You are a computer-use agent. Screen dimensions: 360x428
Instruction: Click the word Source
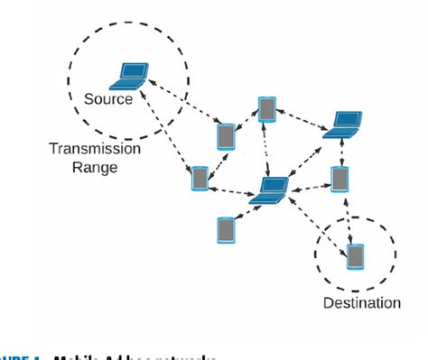pyautogui.click(x=108, y=98)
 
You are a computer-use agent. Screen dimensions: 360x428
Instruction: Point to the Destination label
pyautogui.click(x=361, y=303)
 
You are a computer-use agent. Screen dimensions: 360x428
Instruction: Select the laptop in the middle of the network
pyautogui.click(x=269, y=189)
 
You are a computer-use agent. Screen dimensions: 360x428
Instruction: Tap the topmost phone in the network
pyautogui.click(x=267, y=108)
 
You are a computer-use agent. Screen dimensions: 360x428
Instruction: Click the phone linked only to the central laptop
pyautogui.click(x=226, y=229)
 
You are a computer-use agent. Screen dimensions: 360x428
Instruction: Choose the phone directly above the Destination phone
pyautogui.click(x=340, y=178)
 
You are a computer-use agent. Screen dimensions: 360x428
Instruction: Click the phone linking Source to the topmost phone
pyautogui.click(x=226, y=136)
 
